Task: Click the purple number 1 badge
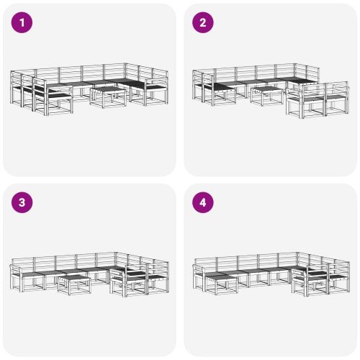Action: [x=23, y=23]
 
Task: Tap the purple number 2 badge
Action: [x=203, y=23]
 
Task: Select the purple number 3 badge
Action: [x=23, y=203]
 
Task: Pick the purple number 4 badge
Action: [x=203, y=203]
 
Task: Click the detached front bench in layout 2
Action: [x=315, y=101]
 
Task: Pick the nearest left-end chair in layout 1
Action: [x=53, y=98]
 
